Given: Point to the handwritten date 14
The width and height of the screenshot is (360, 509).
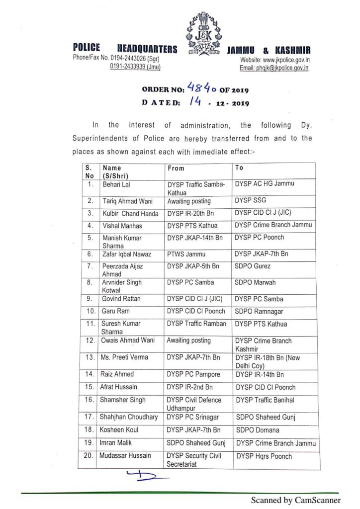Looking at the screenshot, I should click(x=192, y=102).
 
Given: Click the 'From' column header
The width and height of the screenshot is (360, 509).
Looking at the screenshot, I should click(x=176, y=169).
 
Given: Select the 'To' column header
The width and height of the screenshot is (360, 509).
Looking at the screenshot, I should click(x=239, y=168).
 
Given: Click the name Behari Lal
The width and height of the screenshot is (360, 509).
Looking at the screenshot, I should click(x=115, y=184).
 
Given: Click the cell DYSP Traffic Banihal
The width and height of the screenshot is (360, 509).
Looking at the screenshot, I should click(x=266, y=400).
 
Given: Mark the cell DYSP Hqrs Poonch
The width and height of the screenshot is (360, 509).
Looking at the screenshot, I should click(x=264, y=456).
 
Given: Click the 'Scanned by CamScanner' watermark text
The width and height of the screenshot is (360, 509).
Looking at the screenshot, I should click(x=295, y=500).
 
